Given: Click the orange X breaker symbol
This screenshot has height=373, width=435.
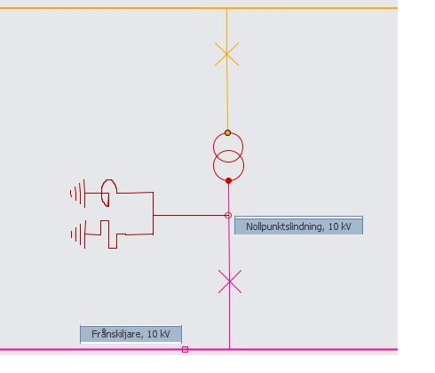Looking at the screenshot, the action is pyautogui.click(x=226, y=54).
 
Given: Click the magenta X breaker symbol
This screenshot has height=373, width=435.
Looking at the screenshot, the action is pyautogui.click(x=230, y=282).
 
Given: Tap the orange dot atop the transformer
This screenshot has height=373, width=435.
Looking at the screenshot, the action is pyautogui.click(x=227, y=132).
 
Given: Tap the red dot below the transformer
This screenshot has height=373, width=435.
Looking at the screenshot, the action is pyautogui.click(x=228, y=180).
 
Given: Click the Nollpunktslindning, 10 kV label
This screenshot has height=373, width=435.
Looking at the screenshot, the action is pyautogui.click(x=298, y=226).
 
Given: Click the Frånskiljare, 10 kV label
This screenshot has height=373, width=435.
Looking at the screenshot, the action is pyautogui.click(x=130, y=334).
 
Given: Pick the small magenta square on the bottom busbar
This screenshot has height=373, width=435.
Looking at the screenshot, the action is pyautogui.click(x=185, y=349).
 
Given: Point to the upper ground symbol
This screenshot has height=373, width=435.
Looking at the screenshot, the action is pyautogui.click(x=78, y=194).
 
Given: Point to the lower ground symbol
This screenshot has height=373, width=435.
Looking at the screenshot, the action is pyautogui.click(x=79, y=234).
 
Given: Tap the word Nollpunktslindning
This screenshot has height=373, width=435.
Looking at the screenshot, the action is pyautogui.click(x=284, y=226).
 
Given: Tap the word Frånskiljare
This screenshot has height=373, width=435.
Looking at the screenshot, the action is pyautogui.click(x=117, y=334).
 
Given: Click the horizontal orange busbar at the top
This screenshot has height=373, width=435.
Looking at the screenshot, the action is pyautogui.click(x=199, y=8).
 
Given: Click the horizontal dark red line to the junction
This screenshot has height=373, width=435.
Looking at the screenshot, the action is pyautogui.click(x=189, y=216).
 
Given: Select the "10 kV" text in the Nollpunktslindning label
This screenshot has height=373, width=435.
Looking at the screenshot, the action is pyautogui.click(x=339, y=226).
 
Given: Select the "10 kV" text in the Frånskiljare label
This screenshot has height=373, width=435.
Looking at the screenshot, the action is pyautogui.click(x=158, y=334).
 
